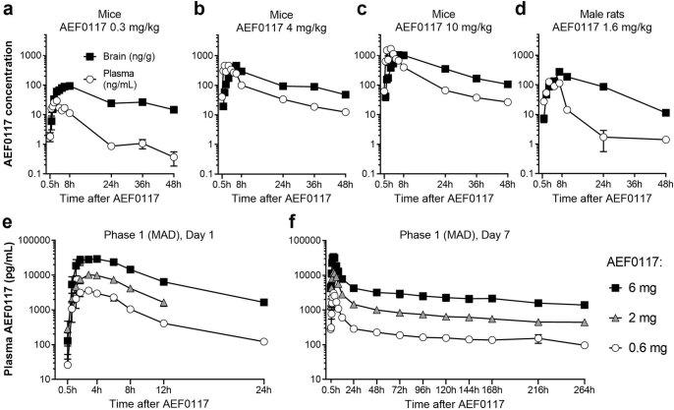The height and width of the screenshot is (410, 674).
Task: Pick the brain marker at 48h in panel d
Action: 665,113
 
